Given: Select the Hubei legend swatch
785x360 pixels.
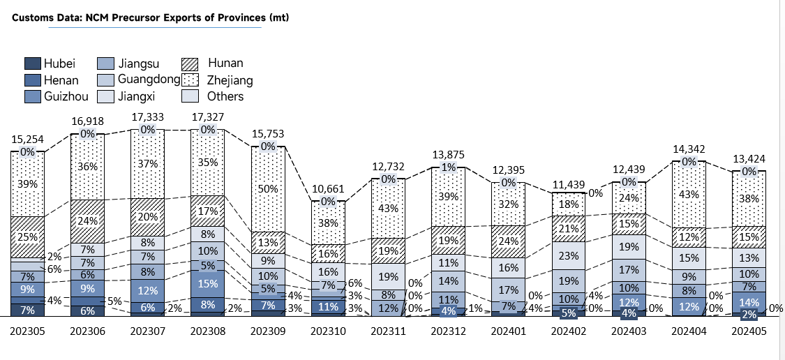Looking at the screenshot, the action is (x=33, y=63).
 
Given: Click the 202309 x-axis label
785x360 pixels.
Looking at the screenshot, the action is (x=267, y=331).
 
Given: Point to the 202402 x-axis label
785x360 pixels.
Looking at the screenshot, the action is (x=568, y=331).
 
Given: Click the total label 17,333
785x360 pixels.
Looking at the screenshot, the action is (x=148, y=117).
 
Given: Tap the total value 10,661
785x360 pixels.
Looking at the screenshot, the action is (x=328, y=189).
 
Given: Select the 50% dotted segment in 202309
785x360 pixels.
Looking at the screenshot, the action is (x=268, y=189).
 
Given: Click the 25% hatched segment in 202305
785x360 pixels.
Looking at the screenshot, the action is (x=27, y=237).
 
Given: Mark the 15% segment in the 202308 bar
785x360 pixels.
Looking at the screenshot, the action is (x=208, y=284).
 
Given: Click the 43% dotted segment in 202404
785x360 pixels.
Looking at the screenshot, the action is (x=689, y=195).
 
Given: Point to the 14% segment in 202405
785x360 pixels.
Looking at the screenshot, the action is (x=749, y=302).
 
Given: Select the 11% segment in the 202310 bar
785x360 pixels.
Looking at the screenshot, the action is (x=328, y=306).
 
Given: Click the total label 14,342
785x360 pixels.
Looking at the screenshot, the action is (x=689, y=149).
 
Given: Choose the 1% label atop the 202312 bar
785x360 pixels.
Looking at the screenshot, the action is (x=448, y=167).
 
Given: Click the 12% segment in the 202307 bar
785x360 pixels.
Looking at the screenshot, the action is (x=148, y=291).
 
